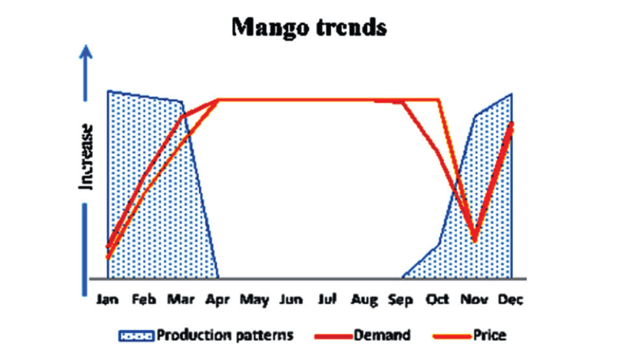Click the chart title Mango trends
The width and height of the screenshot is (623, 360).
pos(309,28)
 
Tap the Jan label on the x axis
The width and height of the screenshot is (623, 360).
pos(108,299)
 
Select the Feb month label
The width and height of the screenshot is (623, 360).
pos(144,299)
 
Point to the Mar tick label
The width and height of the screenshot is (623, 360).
pos(180,299)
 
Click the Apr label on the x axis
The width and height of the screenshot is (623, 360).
pos(218,299)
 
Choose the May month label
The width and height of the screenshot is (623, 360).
pos(254,300)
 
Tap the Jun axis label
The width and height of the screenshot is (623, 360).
pos(291,299)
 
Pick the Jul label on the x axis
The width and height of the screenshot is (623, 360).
pos(328,299)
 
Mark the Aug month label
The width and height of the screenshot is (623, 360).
pos(364,300)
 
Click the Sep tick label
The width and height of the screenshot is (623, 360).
pos(400,300)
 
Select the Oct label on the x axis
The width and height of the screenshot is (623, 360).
pos(438,299)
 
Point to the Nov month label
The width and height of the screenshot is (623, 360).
pos(474,299)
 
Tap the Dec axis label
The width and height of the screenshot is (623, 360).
pos(511,299)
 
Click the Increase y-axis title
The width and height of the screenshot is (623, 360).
pos(87,158)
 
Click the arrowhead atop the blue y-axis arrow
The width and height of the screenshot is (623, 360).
pos(86,52)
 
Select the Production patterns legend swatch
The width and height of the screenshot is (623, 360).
pos(136,337)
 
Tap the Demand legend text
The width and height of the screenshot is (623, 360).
pos(382,336)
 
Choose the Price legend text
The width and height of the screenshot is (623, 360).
pos(489,336)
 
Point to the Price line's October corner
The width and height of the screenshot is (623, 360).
pos(439,100)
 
